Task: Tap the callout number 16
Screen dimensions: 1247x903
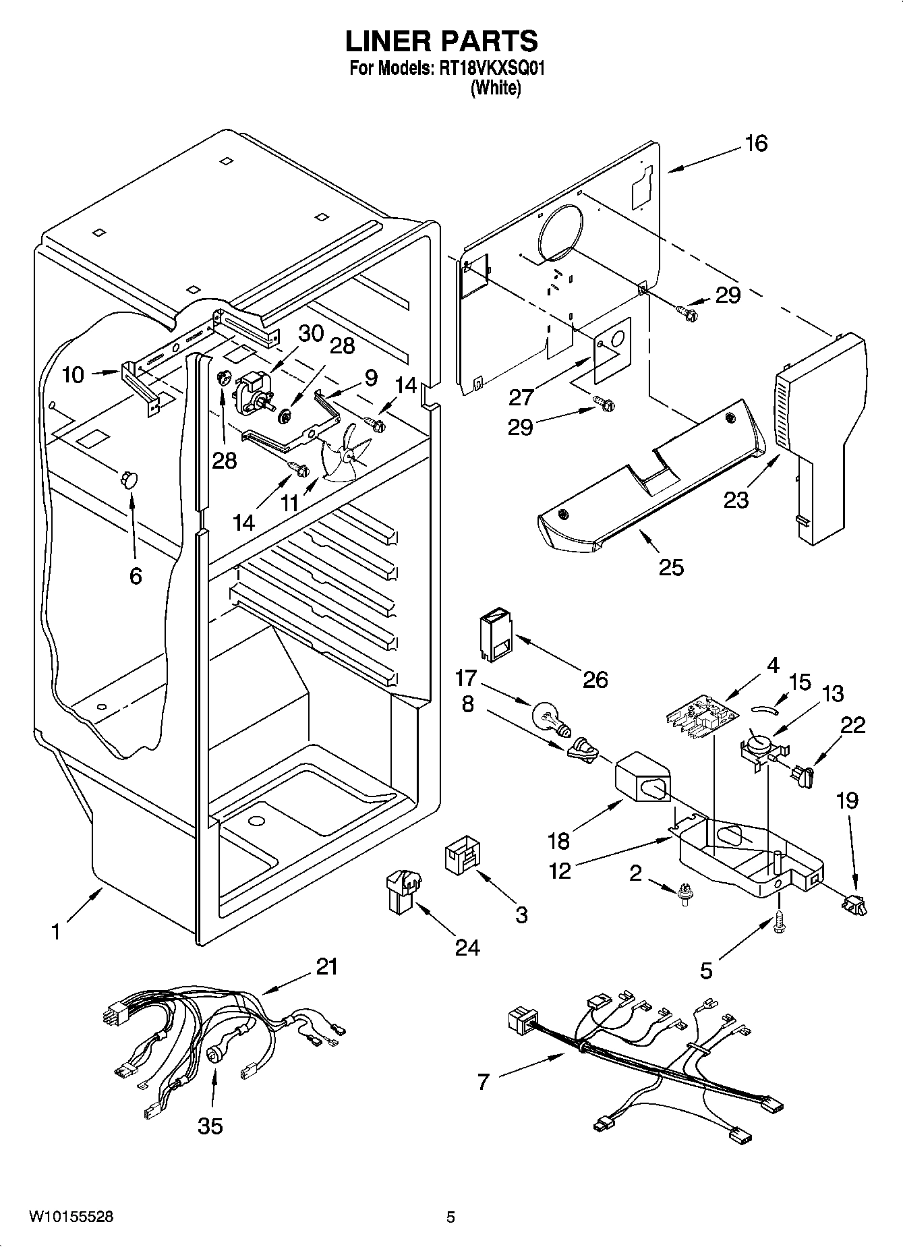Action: click(756, 144)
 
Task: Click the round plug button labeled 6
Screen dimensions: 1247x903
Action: click(128, 479)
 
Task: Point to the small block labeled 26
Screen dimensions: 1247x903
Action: click(494, 634)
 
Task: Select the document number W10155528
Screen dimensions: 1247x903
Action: click(71, 1217)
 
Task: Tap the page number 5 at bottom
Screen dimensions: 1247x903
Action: click(450, 1217)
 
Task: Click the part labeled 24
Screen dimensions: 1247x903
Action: click(403, 890)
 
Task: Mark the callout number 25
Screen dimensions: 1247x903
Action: click(671, 567)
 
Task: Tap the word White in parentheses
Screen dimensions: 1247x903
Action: click(496, 88)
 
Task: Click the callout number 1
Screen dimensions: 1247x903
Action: click(56, 932)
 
